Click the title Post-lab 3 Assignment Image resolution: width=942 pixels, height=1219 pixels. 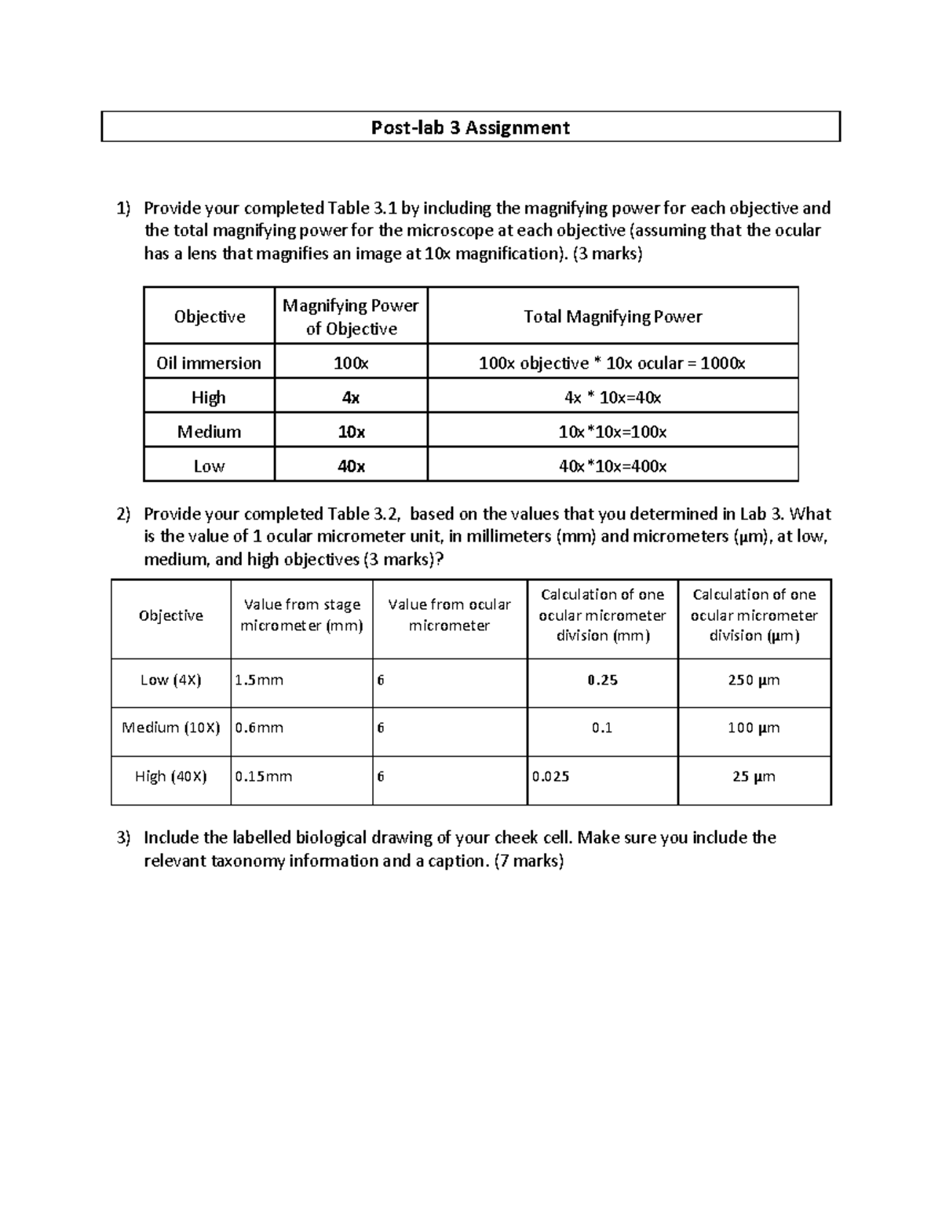pyautogui.click(x=470, y=127)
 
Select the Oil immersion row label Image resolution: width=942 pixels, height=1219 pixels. pyautogui.click(x=209, y=363)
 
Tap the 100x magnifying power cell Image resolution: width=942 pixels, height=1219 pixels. pyautogui.click(x=350, y=363)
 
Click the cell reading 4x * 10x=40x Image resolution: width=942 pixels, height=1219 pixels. pyautogui.click(x=612, y=397)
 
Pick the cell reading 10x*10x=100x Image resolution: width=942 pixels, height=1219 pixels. pyautogui.click(x=612, y=432)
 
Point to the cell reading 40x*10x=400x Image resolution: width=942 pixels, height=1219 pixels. pyautogui.click(x=612, y=466)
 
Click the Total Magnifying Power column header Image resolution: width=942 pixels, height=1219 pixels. pyautogui.click(x=612, y=316)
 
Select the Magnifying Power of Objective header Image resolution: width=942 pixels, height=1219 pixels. pyautogui.click(x=350, y=316)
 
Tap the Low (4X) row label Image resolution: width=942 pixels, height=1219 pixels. pyautogui.click(x=170, y=681)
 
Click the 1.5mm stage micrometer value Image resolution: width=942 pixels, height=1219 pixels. pyautogui.click(x=259, y=681)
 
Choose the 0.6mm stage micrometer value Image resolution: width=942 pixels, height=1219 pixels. pyautogui.click(x=259, y=728)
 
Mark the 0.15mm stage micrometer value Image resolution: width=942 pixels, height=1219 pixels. pyautogui.click(x=264, y=777)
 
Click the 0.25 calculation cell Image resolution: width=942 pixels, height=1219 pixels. pyautogui.click(x=602, y=681)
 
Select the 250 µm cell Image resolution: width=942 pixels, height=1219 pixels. pyautogui.click(x=754, y=681)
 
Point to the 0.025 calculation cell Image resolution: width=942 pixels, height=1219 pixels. pyautogui.click(x=551, y=777)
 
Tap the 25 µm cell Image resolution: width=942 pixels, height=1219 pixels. pyautogui.click(x=754, y=777)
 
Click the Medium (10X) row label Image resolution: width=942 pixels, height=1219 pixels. pyautogui.click(x=170, y=728)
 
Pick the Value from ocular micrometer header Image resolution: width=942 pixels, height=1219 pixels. pyautogui.click(x=449, y=615)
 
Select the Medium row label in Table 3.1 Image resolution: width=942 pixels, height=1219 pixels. pyautogui.click(x=209, y=432)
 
